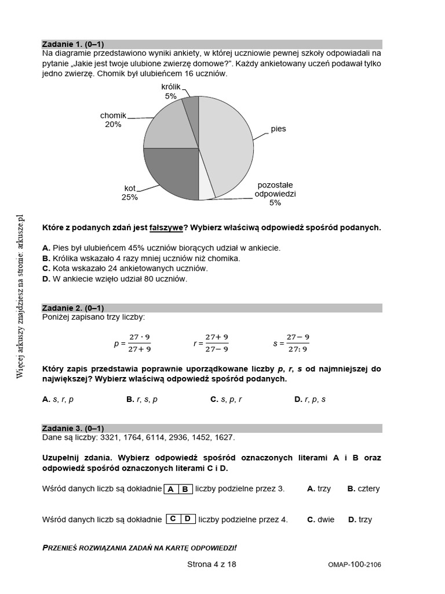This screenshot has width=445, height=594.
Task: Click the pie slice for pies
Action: pyautogui.click(x=229, y=145)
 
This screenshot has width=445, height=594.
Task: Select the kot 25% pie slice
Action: pyautogui.click(x=171, y=174)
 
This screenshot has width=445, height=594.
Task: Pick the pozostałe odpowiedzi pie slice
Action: pyautogui.click(x=206, y=190)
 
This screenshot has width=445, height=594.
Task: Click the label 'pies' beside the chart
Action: pyautogui.click(x=278, y=129)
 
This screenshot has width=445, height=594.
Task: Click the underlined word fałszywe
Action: pyautogui.click(x=166, y=227)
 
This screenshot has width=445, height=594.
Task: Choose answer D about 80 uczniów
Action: pyautogui.click(x=115, y=279)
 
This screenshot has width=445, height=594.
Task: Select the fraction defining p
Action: pyautogui.click(x=139, y=343)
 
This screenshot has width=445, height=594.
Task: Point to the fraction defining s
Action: pyautogui.click(x=297, y=343)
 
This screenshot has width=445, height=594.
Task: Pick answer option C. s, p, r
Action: pyautogui.click(x=227, y=399)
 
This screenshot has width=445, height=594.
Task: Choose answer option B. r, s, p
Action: pyautogui.click(x=142, y=399)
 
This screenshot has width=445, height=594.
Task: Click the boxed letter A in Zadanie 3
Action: pyautogui.click(x=172, y=489)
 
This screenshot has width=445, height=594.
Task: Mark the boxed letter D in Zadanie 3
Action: pyautogui.click(x=188, y=519)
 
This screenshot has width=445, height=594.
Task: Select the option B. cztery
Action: pyautogui.click(x=363, y=488)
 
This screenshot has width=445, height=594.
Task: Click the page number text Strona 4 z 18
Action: pyautogui.click(x=212, y=564)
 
